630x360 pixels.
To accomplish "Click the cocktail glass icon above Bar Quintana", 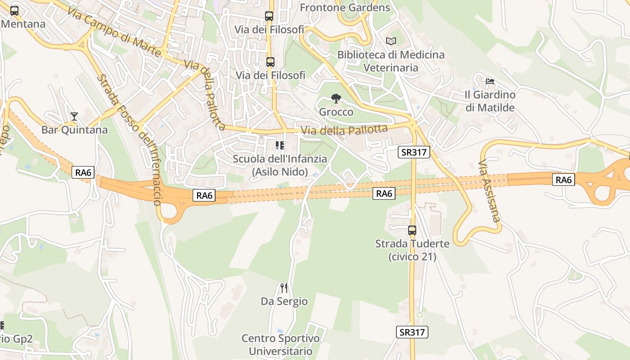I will pyautogui.click(x=74, y=117).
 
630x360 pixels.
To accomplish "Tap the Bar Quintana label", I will pyautogui.click(x=75, y=130).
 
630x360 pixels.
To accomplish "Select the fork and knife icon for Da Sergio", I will pyautogui.click(x=284, y=288).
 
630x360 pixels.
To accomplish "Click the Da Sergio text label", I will pyautogui.click(x=284, y=301).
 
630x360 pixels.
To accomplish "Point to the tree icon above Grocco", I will pyautogui.click(x=336, y=99).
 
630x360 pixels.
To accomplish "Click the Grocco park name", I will pyautogui.click(x=336, y=112).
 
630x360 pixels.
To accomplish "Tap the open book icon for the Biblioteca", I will pyautogui.click(x=391, y=41).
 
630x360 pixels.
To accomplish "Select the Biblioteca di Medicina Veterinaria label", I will pyautogui.click(x=391, y=61).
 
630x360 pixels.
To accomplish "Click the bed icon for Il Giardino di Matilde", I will pyautogui.click(x=490, y=81).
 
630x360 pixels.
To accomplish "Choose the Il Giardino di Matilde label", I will pyautogui.click(x=490, y=101).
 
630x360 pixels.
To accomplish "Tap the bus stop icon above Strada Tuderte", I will pyautogui.click(x=412, y=230).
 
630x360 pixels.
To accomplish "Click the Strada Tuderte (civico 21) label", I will pyautogui.click(x=412, y=250).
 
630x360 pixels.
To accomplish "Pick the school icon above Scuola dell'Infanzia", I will pyautogui.click(x=280, y=145).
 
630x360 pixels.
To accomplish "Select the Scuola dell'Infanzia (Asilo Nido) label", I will pyautogui.click(x=280, y=165).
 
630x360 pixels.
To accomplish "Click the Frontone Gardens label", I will pyautogui.click(x=345, y=8).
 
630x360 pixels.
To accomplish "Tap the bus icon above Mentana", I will pyautogui.click(x=14, y=11).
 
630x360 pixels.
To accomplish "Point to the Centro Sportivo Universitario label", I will pyautogui.click(x=281, y=345).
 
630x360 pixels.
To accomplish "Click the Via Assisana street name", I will pyautogui.click(x=489, y=191).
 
